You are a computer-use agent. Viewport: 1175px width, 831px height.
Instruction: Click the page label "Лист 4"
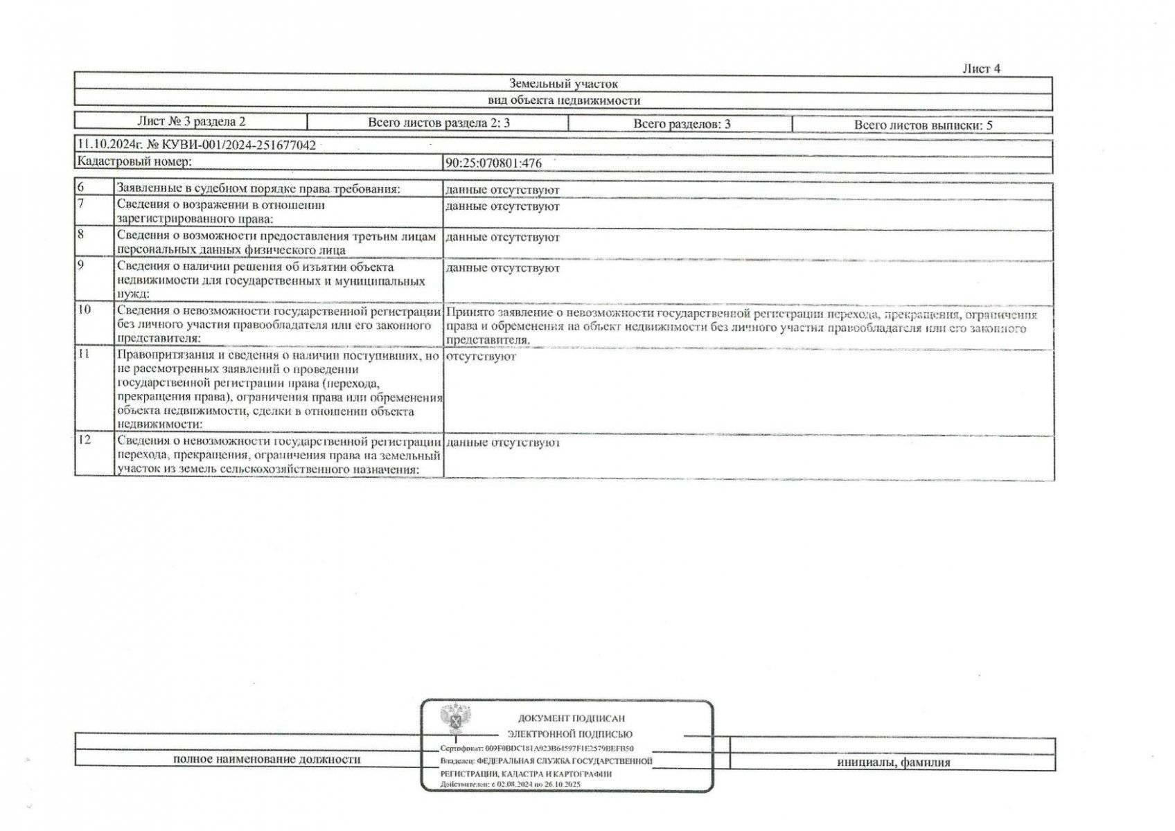(x=981, y=69)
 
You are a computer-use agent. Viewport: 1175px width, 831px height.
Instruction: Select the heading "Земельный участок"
(x=563, y=84)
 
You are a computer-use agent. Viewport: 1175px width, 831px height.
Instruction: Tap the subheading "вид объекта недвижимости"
(x=563, y=100)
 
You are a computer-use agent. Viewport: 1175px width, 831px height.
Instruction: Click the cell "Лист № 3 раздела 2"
(x=191, y=122)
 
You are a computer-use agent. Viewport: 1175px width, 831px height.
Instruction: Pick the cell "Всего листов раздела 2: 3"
(x=439, y=123)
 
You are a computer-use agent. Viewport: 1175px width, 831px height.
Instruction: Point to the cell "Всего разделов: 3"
(x=681, y=125)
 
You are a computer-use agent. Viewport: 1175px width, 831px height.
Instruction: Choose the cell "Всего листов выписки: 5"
(x=923, y=125)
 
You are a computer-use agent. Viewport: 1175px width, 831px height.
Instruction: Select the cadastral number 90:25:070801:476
(x=493, y=163)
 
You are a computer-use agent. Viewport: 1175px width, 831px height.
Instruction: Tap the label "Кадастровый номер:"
(x=134, y=161)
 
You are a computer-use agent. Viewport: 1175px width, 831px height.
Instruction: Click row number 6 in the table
(x=81, y=188)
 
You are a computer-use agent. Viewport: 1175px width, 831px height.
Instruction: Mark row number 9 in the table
(x=81, y=265)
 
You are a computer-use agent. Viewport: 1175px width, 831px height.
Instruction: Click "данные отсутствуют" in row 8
(x=502, y=238)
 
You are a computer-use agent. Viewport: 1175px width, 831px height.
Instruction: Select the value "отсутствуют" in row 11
(x=481, y=357)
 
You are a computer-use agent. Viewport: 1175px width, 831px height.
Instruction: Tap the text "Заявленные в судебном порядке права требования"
(x=258, y=188)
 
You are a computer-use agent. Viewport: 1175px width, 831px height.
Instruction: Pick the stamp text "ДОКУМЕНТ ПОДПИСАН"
(x=571, y=719)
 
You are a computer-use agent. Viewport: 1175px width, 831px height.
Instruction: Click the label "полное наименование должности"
(x=267, y=759)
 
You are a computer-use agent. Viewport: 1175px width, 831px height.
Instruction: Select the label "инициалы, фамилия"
(x=893, y=762)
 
